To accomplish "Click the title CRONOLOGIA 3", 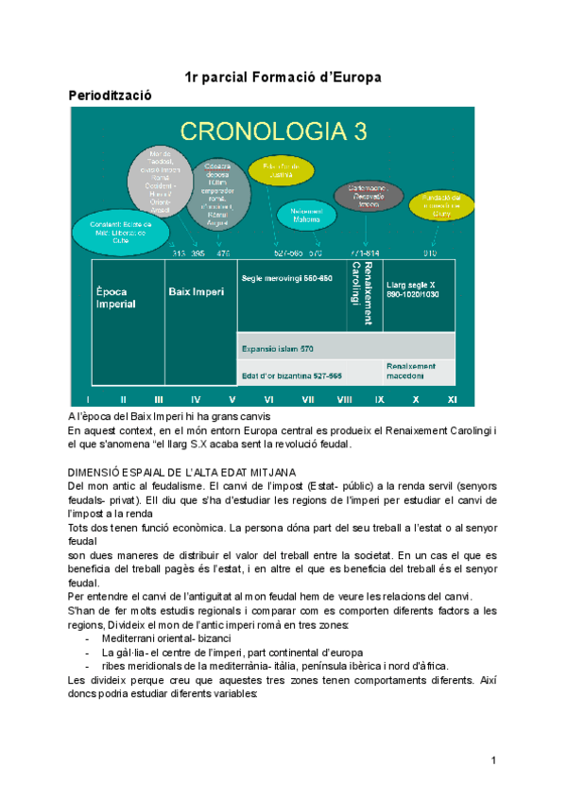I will pyautogui.click(x=275, y=131).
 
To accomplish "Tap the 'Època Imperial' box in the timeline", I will pyautogui.click(x=116, y=298).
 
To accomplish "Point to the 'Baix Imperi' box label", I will pyautogui.click(x=197, y=292).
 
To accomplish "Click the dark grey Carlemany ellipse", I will pyautogui.click(x=369, y=196).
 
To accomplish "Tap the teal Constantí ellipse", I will pyautogui.click(x=115, y=231).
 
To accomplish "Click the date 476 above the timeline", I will pyautogui.click(x=223, y=253).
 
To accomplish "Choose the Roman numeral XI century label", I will pyautogui.click(x=452, y=400).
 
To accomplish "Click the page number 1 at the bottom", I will pyautogui.click(x=493, y=760).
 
